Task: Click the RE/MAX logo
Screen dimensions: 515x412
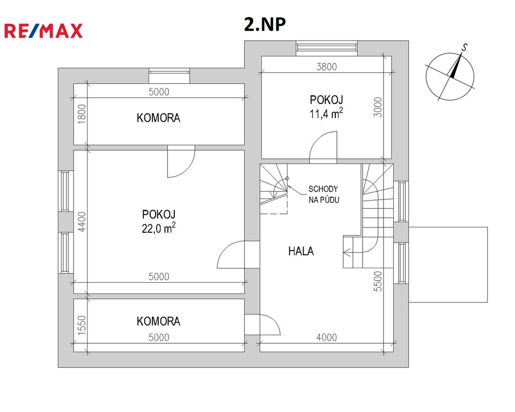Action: pyautogui.click(x=43, y=31)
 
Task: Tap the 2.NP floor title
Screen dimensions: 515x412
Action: pyautogui.click(x=264, y=24)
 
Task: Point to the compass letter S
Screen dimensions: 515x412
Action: pyautogui.click(x=464, y=48)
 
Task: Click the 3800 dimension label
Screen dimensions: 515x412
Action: pyautogui.click(x=327, y=67)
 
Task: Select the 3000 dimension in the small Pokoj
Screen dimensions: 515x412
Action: pyautogui.click(x=378, y=107)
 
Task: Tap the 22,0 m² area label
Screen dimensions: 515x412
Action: pyautogui.click(x=159, y=228)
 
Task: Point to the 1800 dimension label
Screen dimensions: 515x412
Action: pyautogui.click(x=82, y=114)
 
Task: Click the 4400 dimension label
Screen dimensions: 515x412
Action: pyautogui.click(x=82, y=222)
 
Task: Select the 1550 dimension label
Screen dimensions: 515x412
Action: pyautogui.click(x=82, y=325)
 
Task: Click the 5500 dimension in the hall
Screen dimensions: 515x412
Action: pyautogui.click(x=378, y=281)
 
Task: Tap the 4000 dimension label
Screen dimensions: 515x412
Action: pyautogui.click(x=327, y=337)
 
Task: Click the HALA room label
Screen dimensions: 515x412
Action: pyautogui.click(x=301, y=252)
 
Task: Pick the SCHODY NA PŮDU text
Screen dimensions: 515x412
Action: pyautogui.click(x=323, y=194)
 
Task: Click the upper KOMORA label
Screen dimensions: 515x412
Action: pyautogui.click(x=158, y=118)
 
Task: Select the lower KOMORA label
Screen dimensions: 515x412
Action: pyautogui.click(x=158, y=321)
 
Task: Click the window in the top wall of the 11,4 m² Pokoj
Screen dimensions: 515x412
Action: pyautogui.click(x=327, y=46)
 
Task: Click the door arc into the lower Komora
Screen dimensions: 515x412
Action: pyautogui.click(x=274, y=321)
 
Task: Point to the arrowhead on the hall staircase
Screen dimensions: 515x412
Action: pyautogui.click(x=345, y=252)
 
